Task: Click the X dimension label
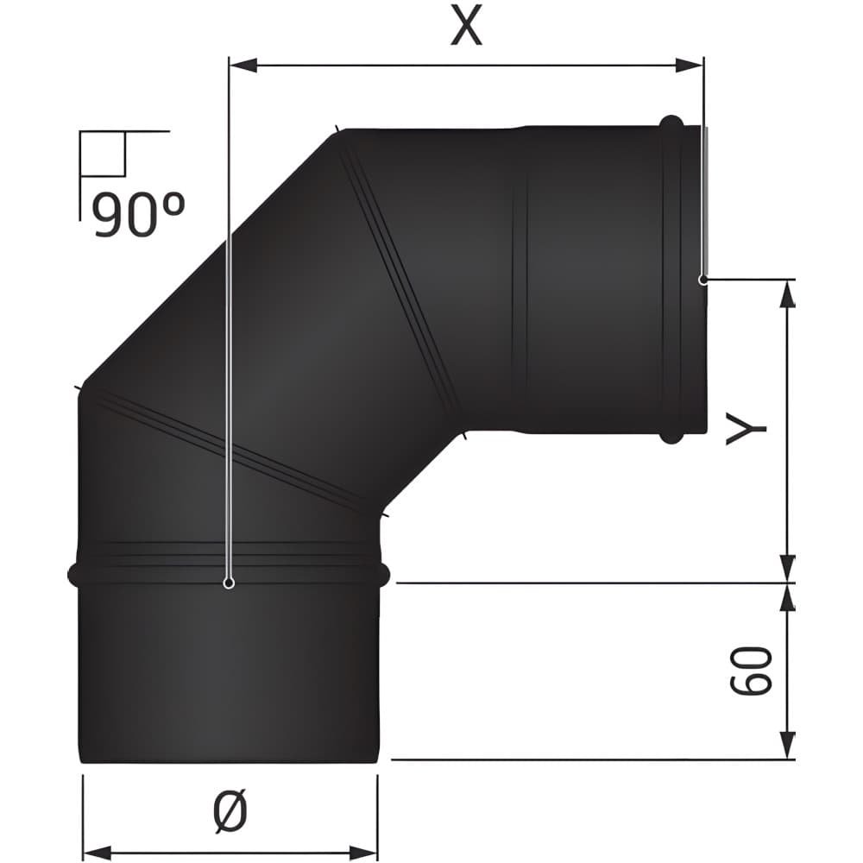[x=466, y=27]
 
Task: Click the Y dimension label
[x=746, y=429]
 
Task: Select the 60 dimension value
[x=751, y=671]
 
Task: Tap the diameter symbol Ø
[x=230, y=809]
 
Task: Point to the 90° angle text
[x=139, y=215]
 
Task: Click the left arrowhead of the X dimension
[x=243, y=66]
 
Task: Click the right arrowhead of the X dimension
[x=689, y=66]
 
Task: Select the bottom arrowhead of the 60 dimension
[x=789, y=746]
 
